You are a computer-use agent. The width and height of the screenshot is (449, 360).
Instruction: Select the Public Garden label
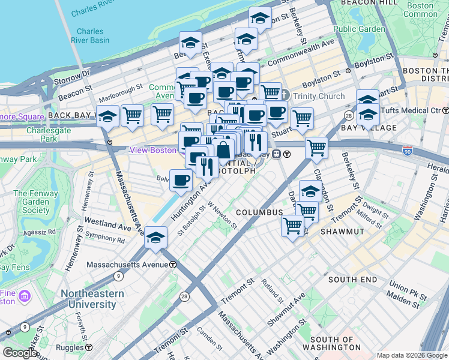pyautogui.click(x=359, y=29)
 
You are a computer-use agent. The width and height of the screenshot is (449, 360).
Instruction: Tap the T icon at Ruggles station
pyautogui.click(x=89, y=347)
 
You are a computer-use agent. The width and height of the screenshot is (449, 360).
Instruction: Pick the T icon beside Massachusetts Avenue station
pyautogui.click(x=173, y=265)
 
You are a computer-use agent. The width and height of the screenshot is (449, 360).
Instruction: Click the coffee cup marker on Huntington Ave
pyautogui.click(x=181, y=179)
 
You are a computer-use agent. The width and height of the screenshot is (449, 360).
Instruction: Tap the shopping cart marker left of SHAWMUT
pyautogui.click(x=292, y=226)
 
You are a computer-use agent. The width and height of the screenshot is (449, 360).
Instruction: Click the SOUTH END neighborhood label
pyautogui.click(x=352, y=280)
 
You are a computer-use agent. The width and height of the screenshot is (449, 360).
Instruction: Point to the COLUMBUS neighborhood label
pyautogui.click(x=259, y=213)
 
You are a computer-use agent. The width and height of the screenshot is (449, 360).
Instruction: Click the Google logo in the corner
pyautogui.click(x=20, y=353)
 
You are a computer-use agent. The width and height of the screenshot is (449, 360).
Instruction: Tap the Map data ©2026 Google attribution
pyautogui.click(x=411, y=355)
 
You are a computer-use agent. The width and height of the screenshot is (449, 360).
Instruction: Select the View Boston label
pyautogui.click(x=154, y=150)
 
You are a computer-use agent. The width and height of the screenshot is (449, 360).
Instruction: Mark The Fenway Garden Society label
pyautogui.click(x=32, y=202)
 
